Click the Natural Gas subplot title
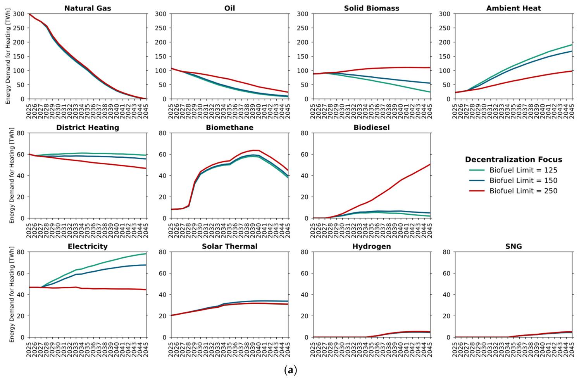[x=88, y=8]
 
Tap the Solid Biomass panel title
[x=371, y=8]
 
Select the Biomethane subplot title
[x=229, y=127]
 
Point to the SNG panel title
[x=514, y=246]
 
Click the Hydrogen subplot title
[x=371, y=246]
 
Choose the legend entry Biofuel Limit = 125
[x=523, y=170]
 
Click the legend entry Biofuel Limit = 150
[x=523, y=181]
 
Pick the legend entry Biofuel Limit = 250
[x=523, y=191]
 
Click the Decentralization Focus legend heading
[x=514, y=160]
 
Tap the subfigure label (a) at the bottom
[x=291, y=370]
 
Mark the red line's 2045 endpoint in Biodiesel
[x=430, y=164]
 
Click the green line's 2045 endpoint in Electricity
[x=146, y=253]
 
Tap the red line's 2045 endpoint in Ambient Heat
[x=572, y=71]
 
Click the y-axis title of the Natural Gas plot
[x=8, y=56]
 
